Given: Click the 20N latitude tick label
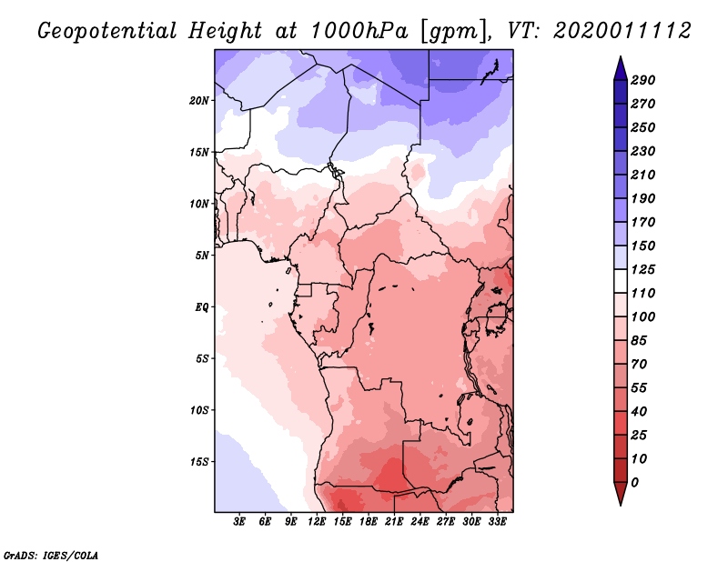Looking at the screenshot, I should (200, 100).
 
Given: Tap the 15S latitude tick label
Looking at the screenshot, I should (200, 461).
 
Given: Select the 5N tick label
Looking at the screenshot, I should (203, 255).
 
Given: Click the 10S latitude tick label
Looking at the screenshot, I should (200, 409).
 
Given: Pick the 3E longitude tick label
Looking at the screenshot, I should (240, 522).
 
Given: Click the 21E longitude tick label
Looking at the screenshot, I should (395, 522).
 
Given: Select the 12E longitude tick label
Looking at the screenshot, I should (318, 522).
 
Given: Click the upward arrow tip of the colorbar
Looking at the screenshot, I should (619, 59).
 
